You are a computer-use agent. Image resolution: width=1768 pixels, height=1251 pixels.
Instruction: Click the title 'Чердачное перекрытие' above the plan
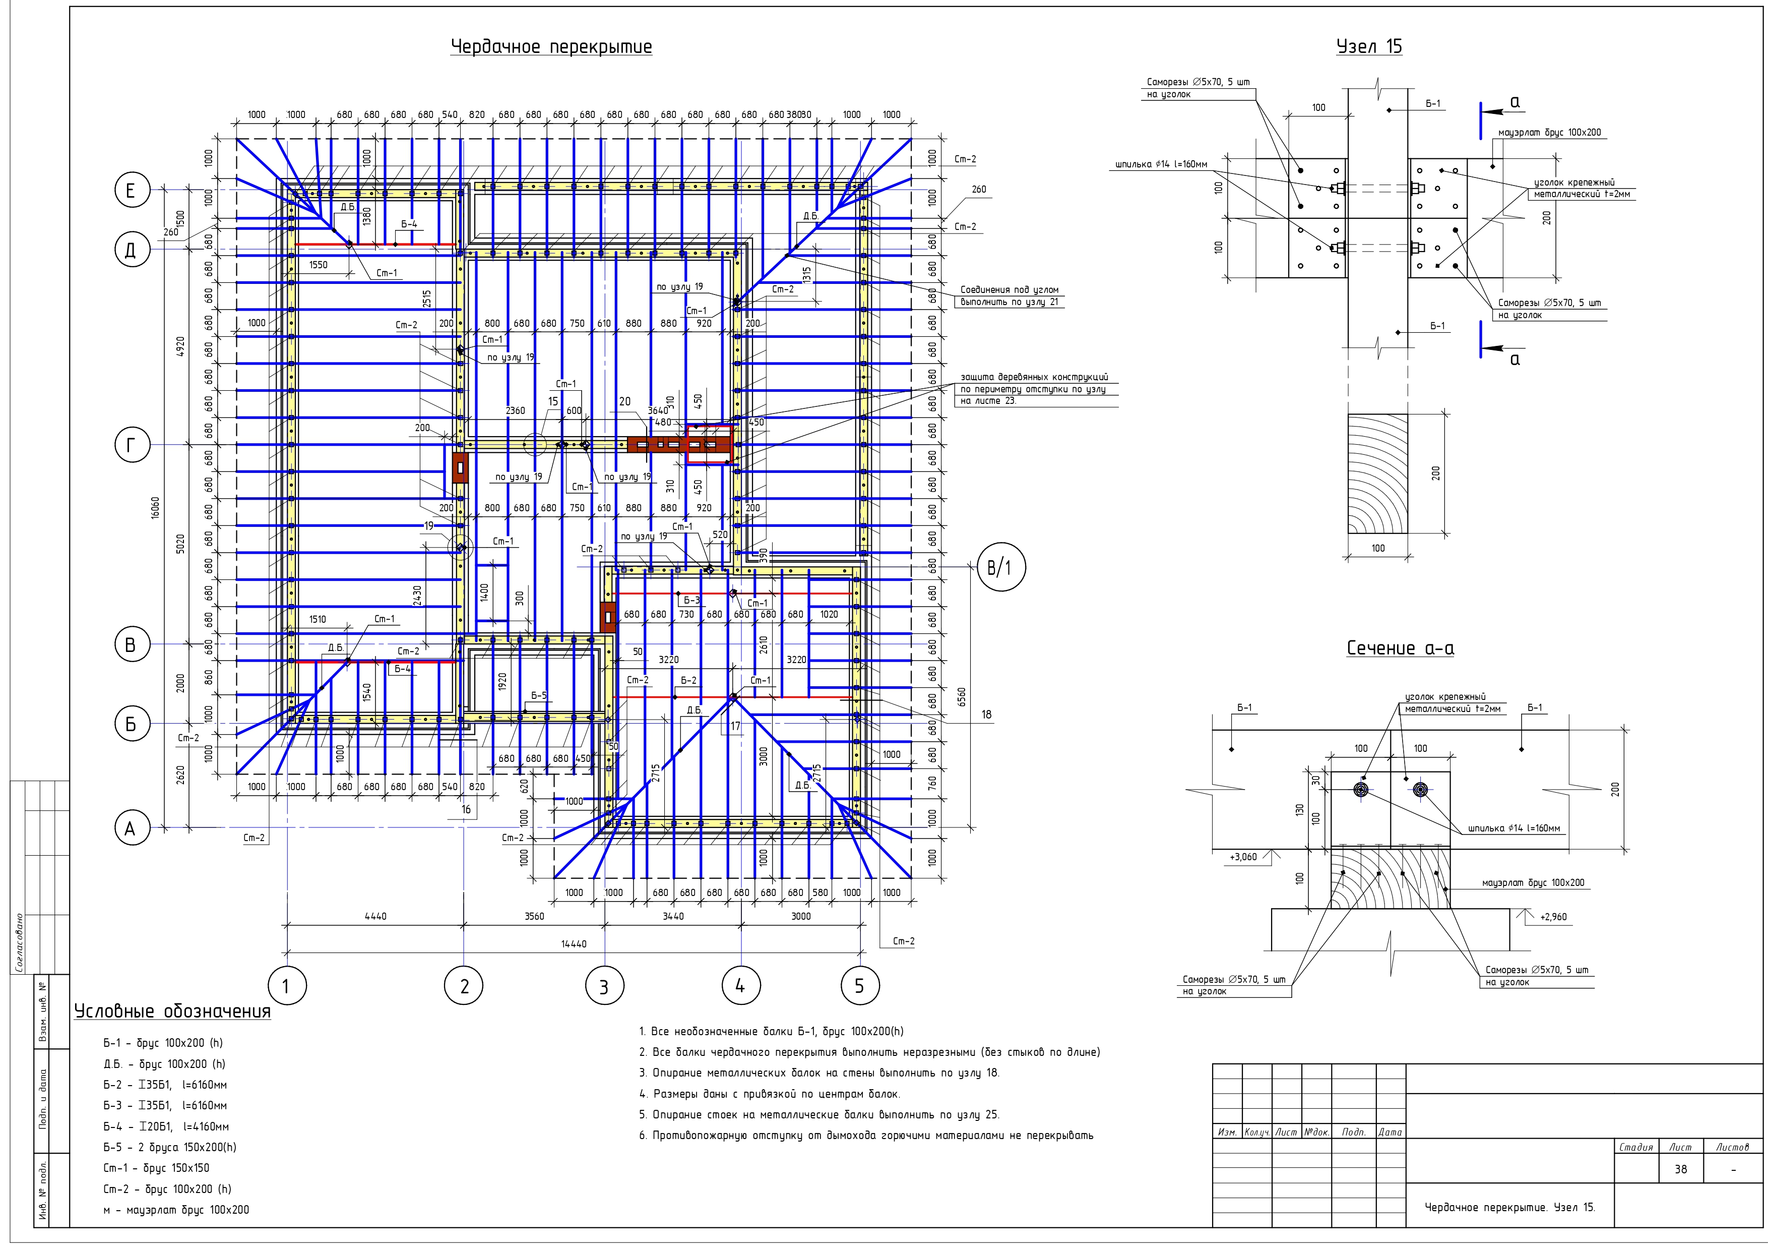click(x=551, y=47)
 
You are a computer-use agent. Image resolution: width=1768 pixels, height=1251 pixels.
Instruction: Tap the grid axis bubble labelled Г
click(x=132, y=445)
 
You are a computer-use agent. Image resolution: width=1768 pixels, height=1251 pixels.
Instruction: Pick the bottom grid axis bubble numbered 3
click(x=604, y=986)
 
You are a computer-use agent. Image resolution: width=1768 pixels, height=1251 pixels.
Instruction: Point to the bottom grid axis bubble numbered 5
click(x=859, y=985)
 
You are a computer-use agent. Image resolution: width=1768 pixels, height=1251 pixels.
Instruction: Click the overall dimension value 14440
click(x=574, y=943)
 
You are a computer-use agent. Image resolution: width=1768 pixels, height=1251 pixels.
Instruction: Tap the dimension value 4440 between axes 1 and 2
click(x=375, y=916)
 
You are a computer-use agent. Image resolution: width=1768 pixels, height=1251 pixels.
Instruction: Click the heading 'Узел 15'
click(x=1369, y=47)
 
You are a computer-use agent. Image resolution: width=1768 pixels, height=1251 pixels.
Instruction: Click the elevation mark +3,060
click(x=1243, y=857)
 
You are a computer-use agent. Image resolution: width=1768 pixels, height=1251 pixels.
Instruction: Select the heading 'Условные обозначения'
click(x=172, y=1011)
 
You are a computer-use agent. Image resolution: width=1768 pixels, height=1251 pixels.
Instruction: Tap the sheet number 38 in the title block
click(x=1680, y=1169)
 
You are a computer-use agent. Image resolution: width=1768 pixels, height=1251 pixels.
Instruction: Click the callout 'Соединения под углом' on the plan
click(x=1009, y=289)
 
